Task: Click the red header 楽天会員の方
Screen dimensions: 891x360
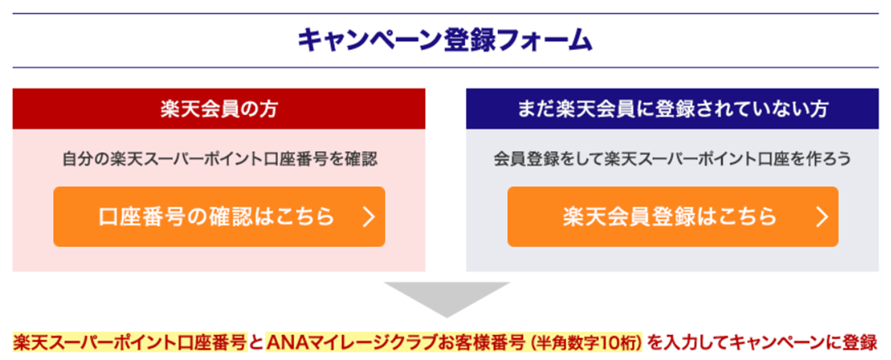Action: (x=218, y=109)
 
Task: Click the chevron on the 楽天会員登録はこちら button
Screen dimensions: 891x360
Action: (x=821, y=217)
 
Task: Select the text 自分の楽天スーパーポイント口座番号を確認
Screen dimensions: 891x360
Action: (x=218, y=159)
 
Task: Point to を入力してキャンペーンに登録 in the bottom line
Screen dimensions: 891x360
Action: (x=763, y=342)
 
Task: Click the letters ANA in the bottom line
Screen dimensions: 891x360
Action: (x=286, y=342)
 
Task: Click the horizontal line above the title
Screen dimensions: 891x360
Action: (x=445, y=13)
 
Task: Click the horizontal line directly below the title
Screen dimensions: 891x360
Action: (x=445, y=68)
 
